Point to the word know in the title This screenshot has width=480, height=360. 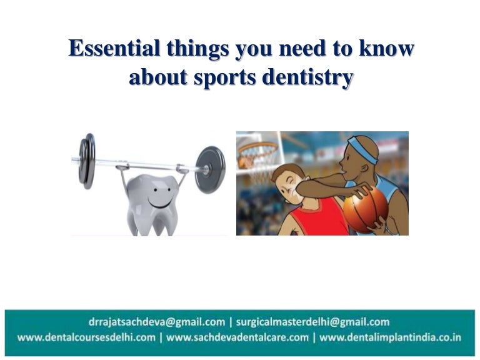click(388, 49)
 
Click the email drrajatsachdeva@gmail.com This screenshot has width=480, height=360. click(157, 322)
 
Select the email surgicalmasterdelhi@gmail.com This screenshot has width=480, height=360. click(312, 322)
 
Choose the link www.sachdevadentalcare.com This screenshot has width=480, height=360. click(237, 337)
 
